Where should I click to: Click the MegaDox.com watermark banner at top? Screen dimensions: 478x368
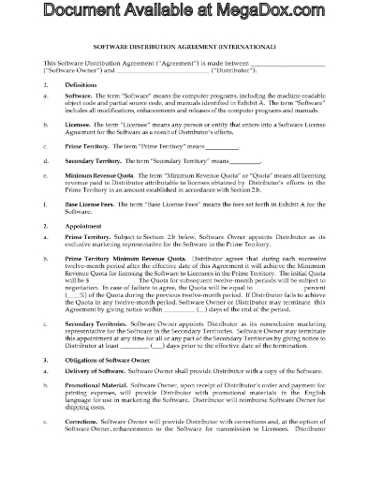click(184, 13)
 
